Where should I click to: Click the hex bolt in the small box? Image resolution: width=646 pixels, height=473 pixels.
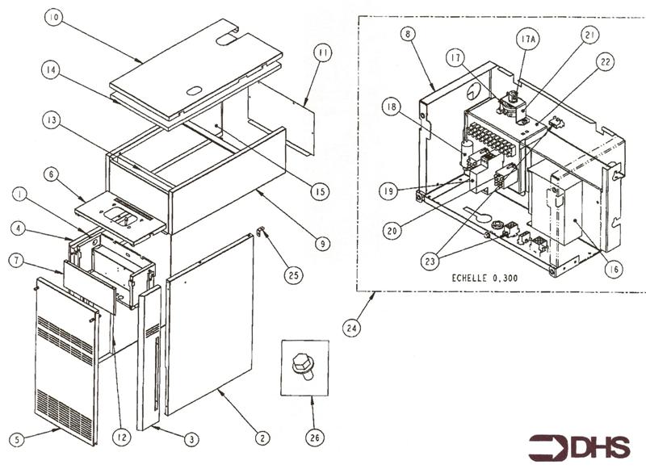point(304,366)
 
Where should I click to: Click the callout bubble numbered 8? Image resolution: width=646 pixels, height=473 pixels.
point(409,34)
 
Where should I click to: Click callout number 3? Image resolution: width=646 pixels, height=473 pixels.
point(190,440)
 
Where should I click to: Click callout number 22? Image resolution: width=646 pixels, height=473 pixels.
point(602,62)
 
